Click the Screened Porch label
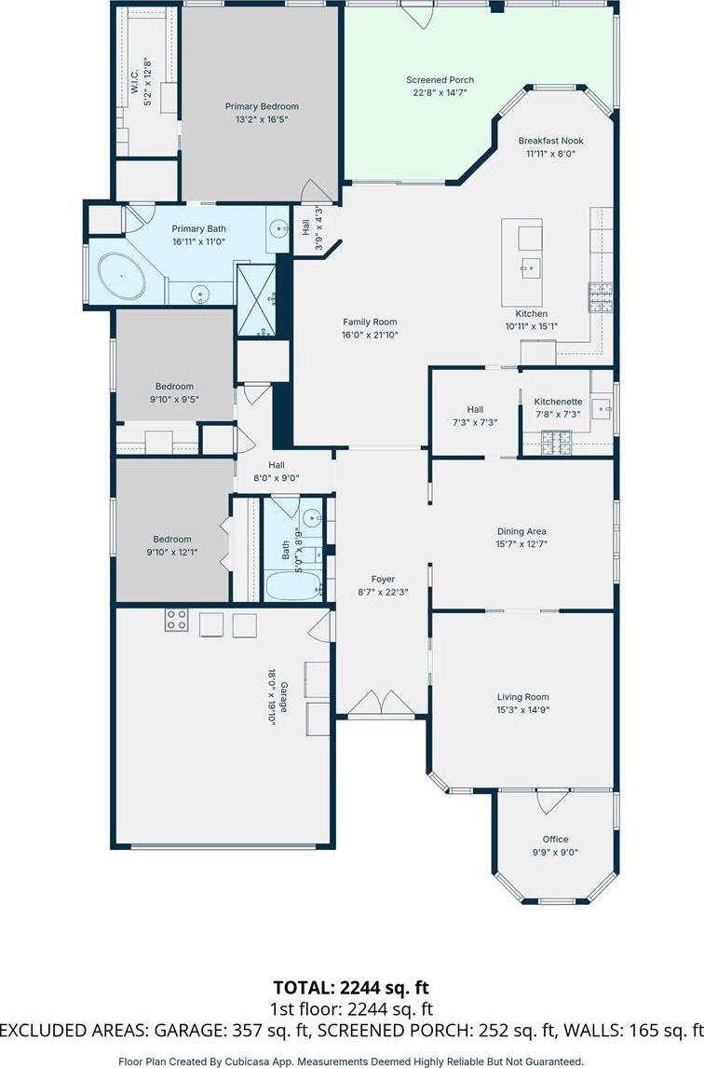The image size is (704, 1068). click(440, 80)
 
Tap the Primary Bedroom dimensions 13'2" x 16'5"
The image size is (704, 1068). click(262, 119)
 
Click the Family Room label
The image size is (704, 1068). click(370, 322)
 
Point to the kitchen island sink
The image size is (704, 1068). click(531, 267)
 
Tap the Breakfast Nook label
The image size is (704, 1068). click(550, 141)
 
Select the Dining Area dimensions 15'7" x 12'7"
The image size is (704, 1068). click(521, 544)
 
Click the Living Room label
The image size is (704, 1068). click(523, 697)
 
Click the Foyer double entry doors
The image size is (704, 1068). click(383, 703)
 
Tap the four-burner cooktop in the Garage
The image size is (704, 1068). click(176, 620)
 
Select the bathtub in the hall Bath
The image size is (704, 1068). click(292, 586)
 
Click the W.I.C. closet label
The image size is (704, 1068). click(134, 81)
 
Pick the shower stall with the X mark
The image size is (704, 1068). click(256, 299)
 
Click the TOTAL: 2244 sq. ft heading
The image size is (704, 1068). click(351, 988)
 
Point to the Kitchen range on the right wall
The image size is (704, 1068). click(601, 297)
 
